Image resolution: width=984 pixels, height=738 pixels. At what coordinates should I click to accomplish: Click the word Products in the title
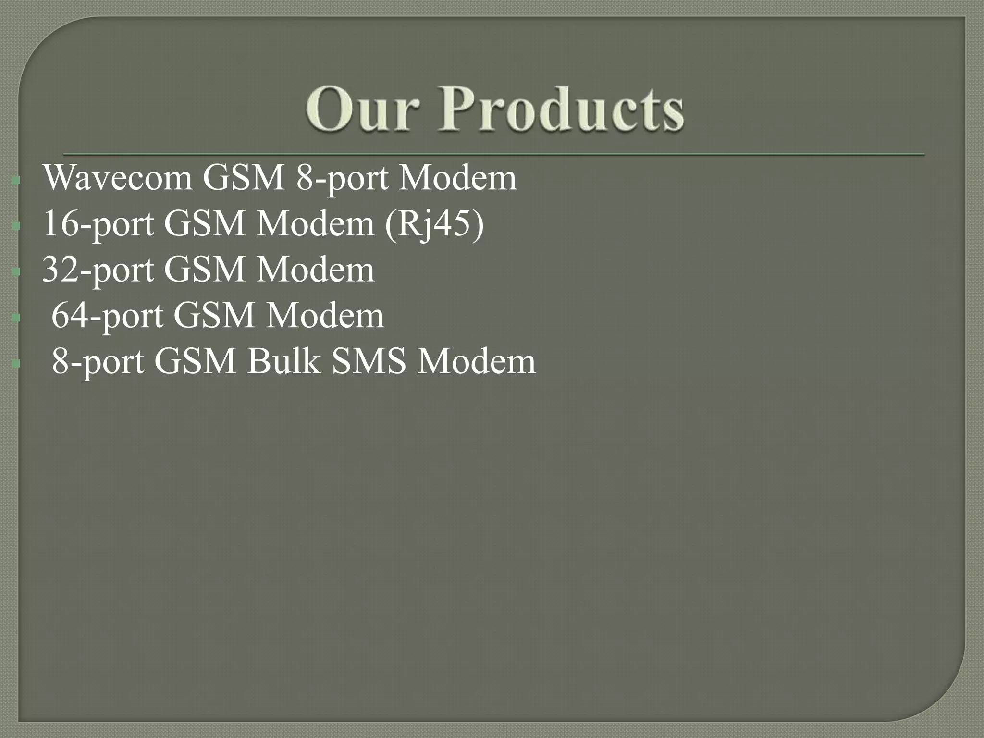tap(561, 109)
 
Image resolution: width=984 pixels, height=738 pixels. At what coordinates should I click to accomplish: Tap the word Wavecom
tap(118, 178)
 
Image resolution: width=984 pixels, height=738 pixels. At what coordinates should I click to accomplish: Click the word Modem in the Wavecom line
tap(458, 178)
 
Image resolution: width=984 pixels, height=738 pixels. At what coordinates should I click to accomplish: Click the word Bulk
tap(283, 362)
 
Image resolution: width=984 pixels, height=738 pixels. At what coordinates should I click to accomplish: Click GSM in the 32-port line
tap(205, 270)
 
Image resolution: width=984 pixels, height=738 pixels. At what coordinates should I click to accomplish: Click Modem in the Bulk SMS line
tap(476, 362)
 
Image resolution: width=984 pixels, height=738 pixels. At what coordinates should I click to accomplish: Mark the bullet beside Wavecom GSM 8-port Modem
tap(16, 181)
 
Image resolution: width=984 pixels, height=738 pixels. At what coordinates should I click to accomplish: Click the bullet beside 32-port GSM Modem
tap(16, 272)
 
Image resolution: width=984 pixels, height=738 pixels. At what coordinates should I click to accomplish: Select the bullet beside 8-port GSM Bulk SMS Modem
tap(16, 364)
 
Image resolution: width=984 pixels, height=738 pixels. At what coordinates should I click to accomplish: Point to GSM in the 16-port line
tap(205, 224)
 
